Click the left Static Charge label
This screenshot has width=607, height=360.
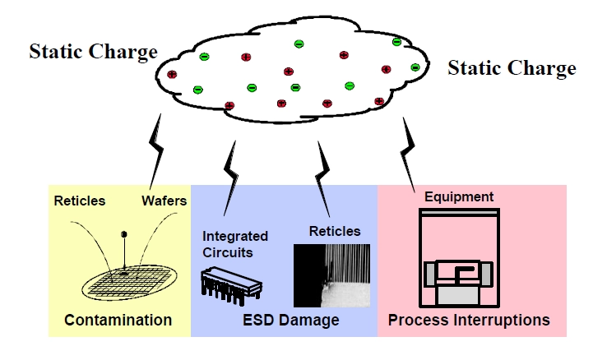click(93, 52)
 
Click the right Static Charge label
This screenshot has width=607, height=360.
click(512, 67)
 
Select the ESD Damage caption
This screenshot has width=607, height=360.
click(291, 320)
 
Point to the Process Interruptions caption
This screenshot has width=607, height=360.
click(469, 319)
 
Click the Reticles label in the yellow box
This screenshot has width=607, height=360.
click(80, 201)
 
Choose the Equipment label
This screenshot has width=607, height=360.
click(459, 196)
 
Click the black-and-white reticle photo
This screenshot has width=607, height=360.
click(331, 275)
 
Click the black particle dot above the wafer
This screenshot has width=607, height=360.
click(124, 233)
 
